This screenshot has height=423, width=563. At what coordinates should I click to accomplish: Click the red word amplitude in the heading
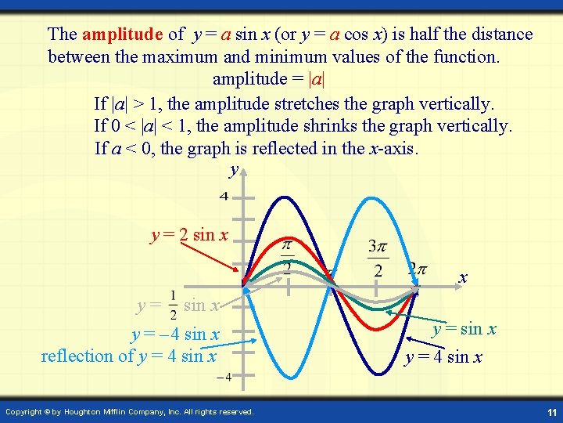click(x=121, y=34)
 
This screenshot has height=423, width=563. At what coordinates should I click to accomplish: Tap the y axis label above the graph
click(x=233, y=169)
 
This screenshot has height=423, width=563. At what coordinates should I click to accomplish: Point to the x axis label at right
click(x=463, y=277)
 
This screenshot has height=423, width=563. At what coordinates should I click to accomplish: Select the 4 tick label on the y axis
click(x=224, y=196)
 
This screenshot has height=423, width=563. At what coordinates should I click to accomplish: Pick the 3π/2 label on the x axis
click(x=378, y=258)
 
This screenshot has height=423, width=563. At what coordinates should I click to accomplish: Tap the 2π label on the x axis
click(x=417, y=269)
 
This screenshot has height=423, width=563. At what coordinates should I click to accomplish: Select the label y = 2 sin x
click(x=189, y=235)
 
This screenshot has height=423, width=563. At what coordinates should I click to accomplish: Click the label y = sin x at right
click(x=464, y=329)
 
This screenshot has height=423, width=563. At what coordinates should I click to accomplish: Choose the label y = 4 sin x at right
click(x=443, y=358)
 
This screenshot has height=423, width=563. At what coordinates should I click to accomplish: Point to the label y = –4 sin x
click(x=175, y=334)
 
